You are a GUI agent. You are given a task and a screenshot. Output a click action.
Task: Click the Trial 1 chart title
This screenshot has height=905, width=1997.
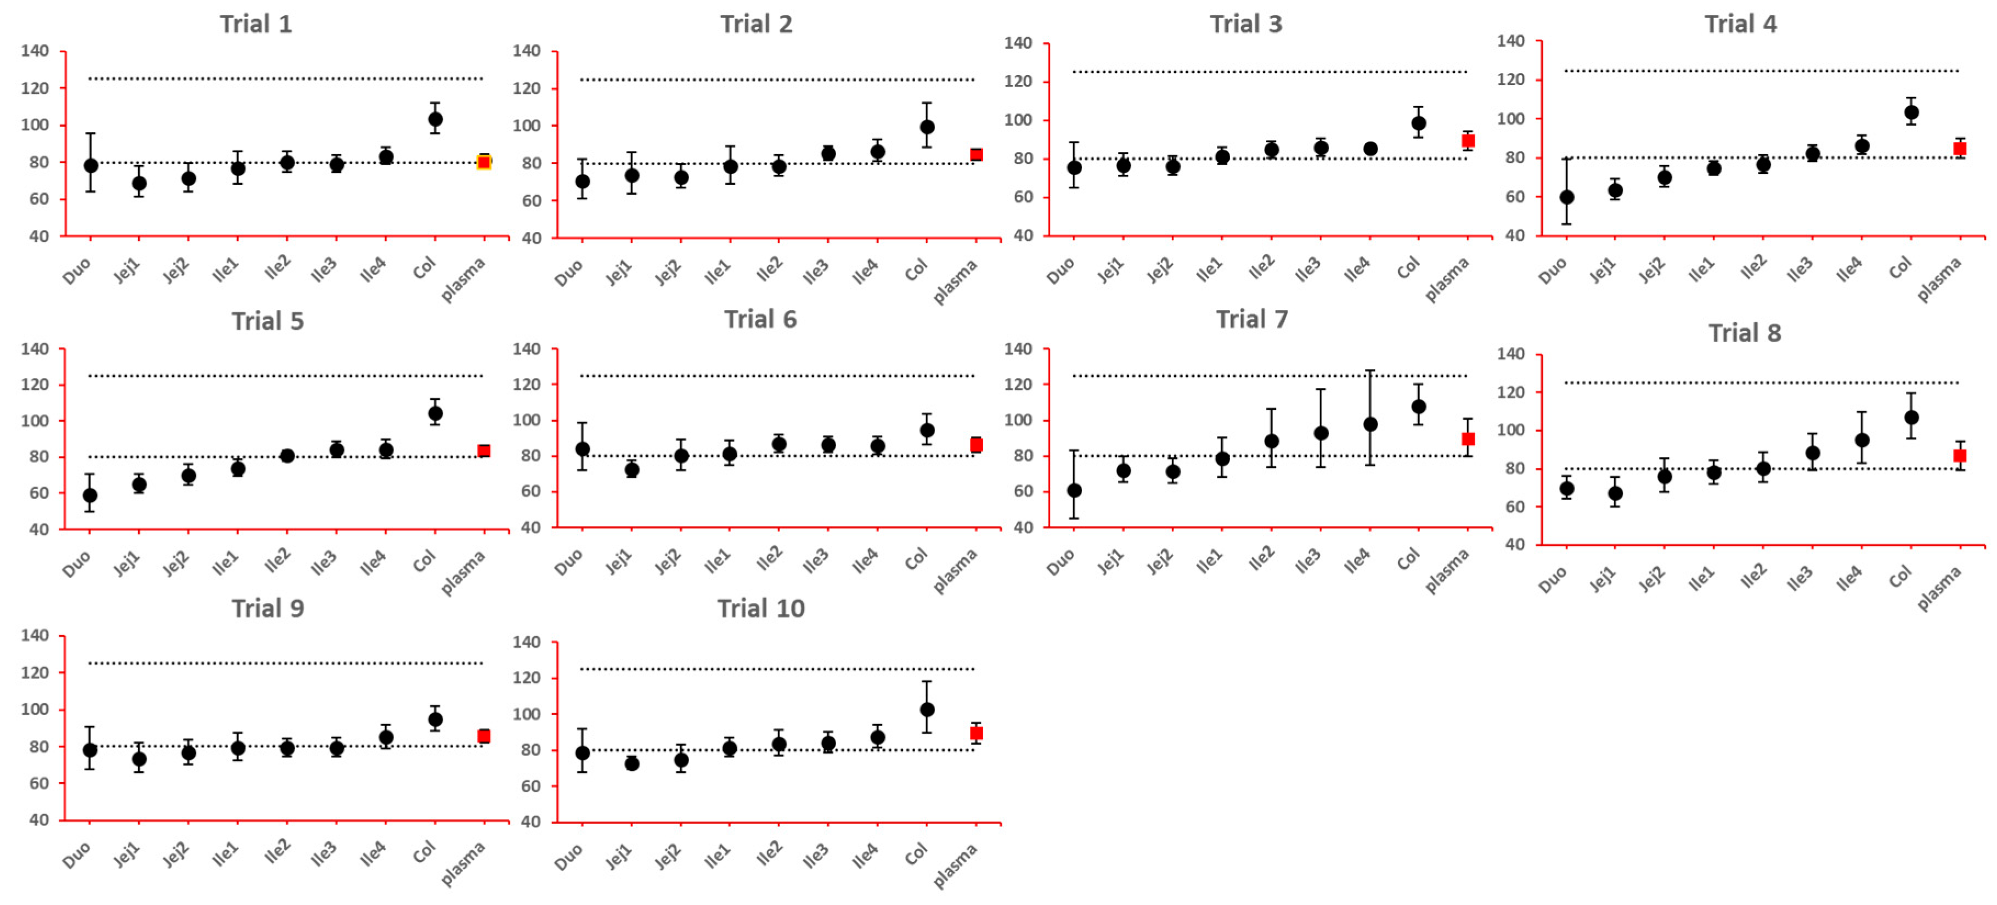(256, 24)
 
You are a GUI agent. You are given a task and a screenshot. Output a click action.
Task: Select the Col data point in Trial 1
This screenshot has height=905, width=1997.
(435, 120)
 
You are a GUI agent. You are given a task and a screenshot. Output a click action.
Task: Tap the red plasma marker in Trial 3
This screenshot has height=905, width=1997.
(1468, 141)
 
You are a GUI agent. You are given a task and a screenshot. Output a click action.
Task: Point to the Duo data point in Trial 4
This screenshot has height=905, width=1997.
(1567, 197)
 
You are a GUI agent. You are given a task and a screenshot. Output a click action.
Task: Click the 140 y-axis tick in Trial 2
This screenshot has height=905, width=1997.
(526, 51)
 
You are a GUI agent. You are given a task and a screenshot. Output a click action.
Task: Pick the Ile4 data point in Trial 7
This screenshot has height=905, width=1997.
(1370, 425)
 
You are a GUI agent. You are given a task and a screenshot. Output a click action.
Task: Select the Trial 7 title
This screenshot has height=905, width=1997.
(1251, 319)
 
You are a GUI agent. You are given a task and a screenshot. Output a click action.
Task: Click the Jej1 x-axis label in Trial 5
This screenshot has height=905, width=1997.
(126, 563)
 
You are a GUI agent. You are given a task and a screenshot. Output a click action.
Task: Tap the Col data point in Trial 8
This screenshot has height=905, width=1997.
(1911, 417)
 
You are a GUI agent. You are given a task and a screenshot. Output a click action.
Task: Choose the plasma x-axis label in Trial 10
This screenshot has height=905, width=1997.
(955, 865)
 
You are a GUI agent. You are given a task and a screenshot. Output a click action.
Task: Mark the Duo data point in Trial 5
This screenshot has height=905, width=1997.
(90, 495)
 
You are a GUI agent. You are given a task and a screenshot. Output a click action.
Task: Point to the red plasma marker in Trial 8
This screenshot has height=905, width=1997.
(1960, 456)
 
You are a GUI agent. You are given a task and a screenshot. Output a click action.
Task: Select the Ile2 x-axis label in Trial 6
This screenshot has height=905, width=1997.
(769, 558)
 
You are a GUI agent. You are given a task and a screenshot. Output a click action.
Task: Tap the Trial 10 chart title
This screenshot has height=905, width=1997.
(760, 608)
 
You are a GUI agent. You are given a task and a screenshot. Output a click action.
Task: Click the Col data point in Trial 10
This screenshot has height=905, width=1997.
(927, 710)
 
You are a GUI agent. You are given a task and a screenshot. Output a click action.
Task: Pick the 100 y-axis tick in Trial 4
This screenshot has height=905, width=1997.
(1511, 118)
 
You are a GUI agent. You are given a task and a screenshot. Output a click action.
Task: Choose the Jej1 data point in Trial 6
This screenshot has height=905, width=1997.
(632, 470)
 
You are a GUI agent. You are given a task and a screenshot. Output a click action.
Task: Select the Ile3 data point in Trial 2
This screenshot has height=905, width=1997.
(828, 154)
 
